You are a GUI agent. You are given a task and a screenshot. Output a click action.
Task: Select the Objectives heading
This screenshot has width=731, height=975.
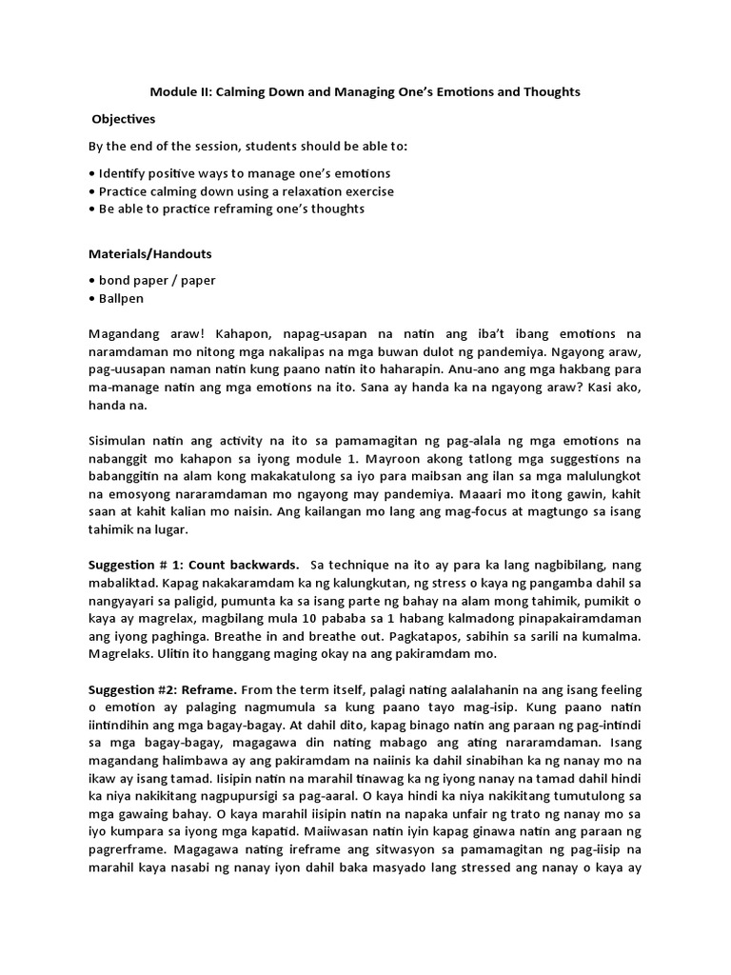click(x=123, y=120)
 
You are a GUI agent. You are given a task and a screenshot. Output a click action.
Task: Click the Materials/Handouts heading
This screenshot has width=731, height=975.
click(x=150, y=255)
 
